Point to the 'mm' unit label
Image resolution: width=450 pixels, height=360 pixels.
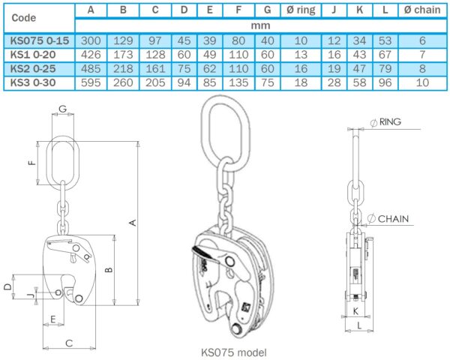(260, 25)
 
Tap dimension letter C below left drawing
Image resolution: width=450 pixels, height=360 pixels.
(69, 343)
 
